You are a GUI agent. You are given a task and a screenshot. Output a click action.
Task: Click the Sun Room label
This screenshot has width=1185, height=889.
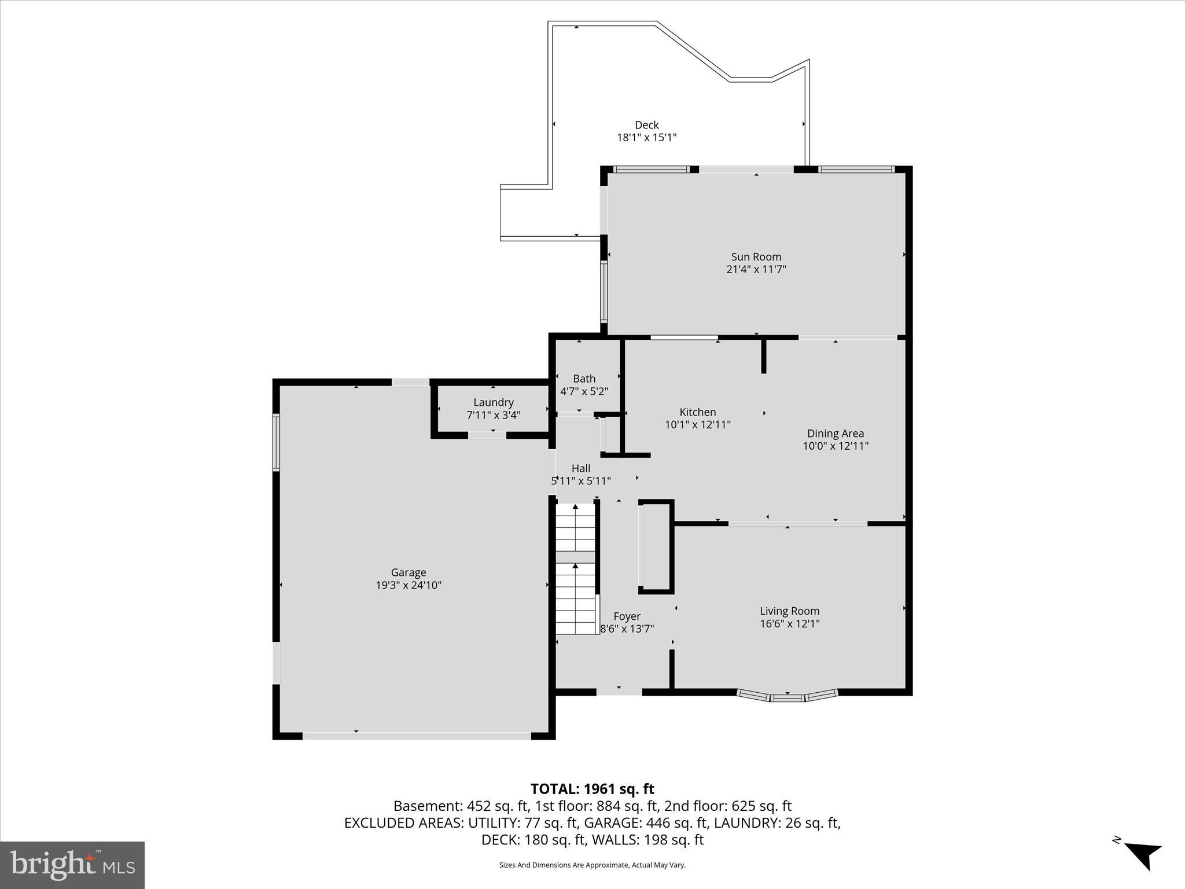[x=756, y=256]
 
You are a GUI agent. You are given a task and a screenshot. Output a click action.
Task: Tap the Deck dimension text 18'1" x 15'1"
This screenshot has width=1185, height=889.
[x=646, y=138]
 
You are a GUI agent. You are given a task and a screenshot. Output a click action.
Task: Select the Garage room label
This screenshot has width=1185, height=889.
[x=408, y=572]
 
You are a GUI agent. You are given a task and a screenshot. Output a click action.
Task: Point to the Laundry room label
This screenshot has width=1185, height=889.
[x=493, y=402]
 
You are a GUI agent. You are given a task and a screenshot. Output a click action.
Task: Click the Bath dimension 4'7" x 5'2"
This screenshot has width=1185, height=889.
[x=584, y=391]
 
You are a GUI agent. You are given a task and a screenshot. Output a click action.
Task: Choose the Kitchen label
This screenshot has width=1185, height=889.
[x=697, y=412]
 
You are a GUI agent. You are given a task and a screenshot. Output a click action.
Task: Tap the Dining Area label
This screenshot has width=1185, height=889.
[x=835, y=434]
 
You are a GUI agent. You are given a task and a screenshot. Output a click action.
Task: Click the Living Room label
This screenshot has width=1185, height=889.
[x=789, y=611]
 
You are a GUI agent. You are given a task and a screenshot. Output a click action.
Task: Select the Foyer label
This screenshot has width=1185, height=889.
[x=627, y=616]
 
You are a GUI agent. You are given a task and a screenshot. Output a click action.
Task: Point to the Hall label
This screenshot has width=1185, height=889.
[x=580, y=468]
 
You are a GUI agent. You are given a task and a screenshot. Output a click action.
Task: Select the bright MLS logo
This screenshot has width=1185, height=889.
[x=72, y=865]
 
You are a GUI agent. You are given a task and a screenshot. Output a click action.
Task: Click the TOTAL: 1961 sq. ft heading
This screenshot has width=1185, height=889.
[x=592, y=789]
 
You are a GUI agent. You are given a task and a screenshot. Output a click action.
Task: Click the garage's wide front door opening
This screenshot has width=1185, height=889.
[x=417, y=736]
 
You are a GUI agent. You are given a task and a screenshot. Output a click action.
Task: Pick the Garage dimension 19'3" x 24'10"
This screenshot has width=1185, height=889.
[x=408, y=585]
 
